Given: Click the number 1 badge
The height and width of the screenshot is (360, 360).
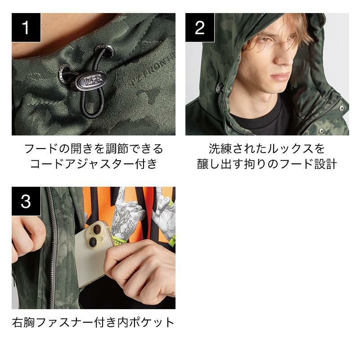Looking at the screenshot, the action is (x=26, y=27).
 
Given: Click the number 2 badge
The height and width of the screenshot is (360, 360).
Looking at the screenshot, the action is (x=200, y=27).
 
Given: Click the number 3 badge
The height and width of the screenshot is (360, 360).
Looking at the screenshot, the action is (x=26, y=201).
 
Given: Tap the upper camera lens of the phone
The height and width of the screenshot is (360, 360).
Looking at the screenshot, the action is (x=97, y=229).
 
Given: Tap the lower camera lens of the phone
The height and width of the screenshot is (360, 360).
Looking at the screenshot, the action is (x=93, y=242).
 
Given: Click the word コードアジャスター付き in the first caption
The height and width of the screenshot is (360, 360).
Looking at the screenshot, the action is (x=94, y=164).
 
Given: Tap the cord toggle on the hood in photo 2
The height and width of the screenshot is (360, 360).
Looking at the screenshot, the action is (x=219, y=87).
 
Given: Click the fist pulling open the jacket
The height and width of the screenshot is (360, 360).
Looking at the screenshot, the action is (x=27, y=239).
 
